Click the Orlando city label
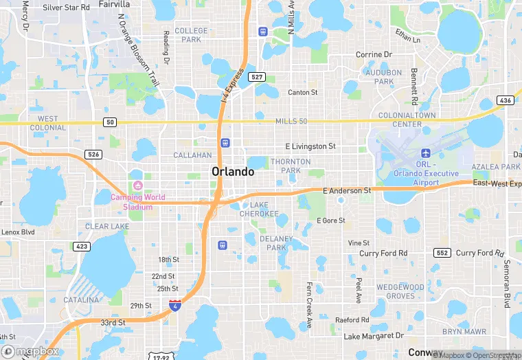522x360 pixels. (x=234, y=171)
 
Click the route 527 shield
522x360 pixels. (x=257, y=76)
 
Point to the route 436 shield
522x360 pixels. (x=506, y=100)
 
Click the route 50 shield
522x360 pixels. (x=110, y=122)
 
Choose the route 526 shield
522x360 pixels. (x=93, y=154)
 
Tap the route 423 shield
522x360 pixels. (x=81, y=245)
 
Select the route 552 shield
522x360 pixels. (x=442, y=253)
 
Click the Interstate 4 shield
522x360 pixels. (x=176, y=304)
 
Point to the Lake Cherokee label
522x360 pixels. (x=259, y=210)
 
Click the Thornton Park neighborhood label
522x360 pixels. (x=291, y=166)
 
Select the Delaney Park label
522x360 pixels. (x=276, y=243)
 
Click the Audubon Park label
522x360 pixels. (x=383, y=77)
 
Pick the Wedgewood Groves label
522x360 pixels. (x=396, y=291)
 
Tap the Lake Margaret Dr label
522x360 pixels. (x=374, y=336)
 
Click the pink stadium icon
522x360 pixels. (x=137, y=185)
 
